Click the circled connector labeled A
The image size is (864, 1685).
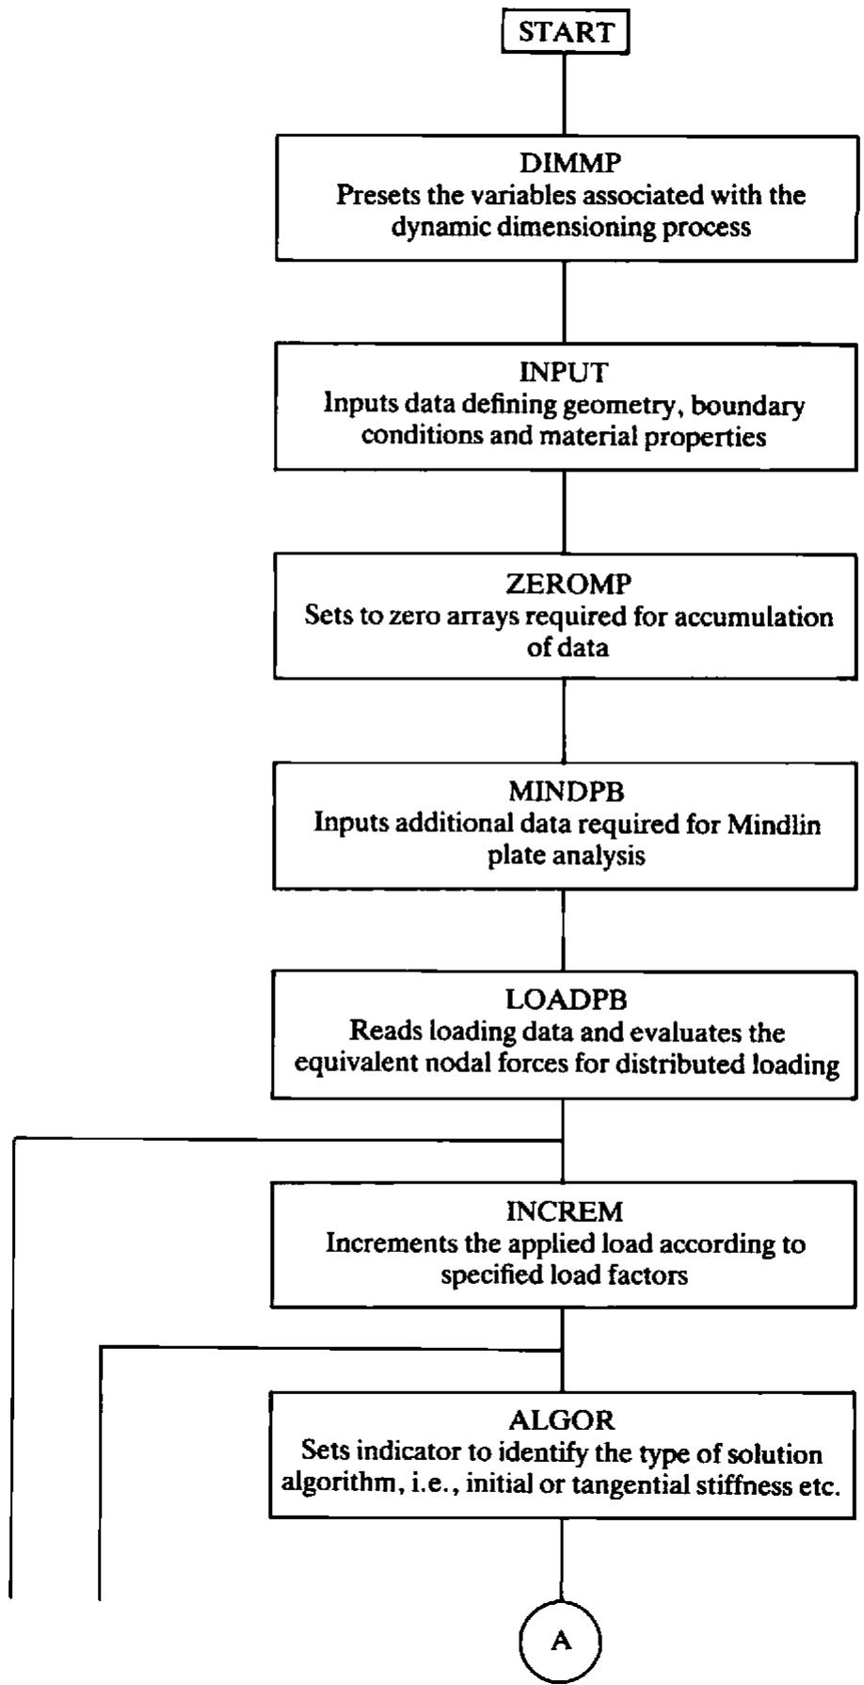[x=561, y=1642]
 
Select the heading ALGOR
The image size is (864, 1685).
[x=562, y=1420]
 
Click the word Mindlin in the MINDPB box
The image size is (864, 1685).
[x=775, y=825]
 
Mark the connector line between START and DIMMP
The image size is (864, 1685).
[x=565, y=94]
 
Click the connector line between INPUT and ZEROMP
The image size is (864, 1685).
[x=564, y=511]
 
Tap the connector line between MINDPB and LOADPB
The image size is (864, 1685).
[x=563, y=930]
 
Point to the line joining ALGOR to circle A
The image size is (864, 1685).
[x=561, y=1561]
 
